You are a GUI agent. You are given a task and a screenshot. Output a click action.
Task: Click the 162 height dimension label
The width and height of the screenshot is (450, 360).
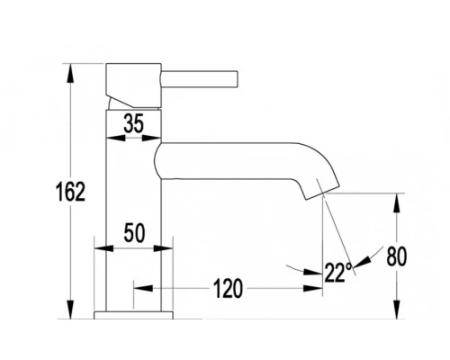[70, 192]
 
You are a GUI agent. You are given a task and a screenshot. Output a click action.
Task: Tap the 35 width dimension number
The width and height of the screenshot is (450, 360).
[134, 123]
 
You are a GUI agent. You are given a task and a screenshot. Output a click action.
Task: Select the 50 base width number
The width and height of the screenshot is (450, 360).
[134, 233]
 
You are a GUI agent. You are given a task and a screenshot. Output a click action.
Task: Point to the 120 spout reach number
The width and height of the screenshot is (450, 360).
[228, 288]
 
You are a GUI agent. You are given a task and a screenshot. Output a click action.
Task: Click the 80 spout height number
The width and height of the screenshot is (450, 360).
[397, 256]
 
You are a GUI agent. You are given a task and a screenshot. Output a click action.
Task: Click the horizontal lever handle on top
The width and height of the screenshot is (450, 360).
[200, 79]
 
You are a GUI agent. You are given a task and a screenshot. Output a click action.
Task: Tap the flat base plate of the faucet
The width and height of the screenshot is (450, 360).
[133, 315]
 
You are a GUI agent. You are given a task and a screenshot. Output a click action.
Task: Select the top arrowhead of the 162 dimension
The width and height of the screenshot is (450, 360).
[70, 73]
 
